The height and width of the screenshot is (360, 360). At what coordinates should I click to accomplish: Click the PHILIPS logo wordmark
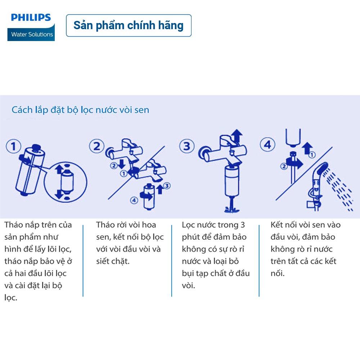point(31,17)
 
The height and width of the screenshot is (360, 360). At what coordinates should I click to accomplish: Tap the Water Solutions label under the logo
point(32,35)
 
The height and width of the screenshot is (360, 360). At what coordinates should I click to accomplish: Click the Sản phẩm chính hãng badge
point(129,26)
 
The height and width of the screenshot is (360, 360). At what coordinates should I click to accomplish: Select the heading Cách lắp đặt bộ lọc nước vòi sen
point(80,110)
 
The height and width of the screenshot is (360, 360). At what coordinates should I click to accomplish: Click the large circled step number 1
point(13,146)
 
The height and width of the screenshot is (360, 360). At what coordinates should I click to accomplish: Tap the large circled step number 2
point(96,146)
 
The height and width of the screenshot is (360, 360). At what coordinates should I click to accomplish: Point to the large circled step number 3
point(187,146)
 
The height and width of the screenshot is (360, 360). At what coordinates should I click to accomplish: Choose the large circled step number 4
point(267,145)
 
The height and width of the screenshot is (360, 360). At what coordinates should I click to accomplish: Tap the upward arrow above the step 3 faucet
point(237,136)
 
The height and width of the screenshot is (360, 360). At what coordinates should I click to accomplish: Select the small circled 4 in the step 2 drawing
point(134,200)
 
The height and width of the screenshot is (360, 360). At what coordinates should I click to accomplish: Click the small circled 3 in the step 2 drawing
point(167,185)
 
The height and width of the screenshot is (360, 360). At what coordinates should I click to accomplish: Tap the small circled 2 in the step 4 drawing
point(284,166)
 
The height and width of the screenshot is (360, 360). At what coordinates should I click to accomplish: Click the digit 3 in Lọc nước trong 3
point(243,225)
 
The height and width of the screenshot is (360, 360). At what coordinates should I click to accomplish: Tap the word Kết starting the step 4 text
point(276,225)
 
